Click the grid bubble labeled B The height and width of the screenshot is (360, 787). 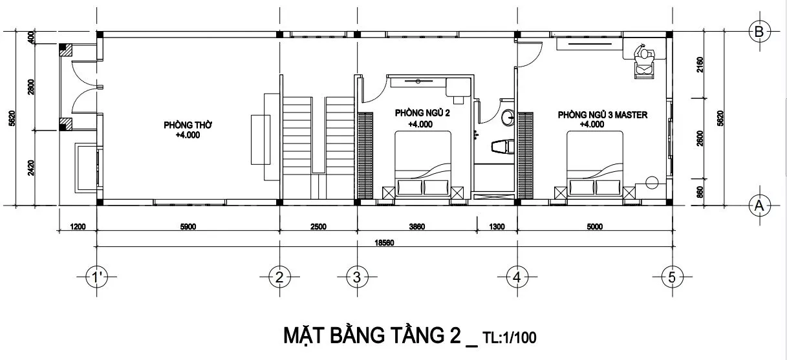coord(759,32)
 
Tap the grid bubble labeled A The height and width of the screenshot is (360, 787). coord(759,206)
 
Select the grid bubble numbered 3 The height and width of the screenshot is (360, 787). coord(357,277)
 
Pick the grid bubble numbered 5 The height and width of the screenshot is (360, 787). coord(672,277)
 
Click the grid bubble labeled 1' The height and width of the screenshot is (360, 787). coord(96,277)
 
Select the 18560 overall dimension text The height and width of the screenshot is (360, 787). coord(384,242)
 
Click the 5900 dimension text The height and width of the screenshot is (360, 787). coord(188,227)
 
